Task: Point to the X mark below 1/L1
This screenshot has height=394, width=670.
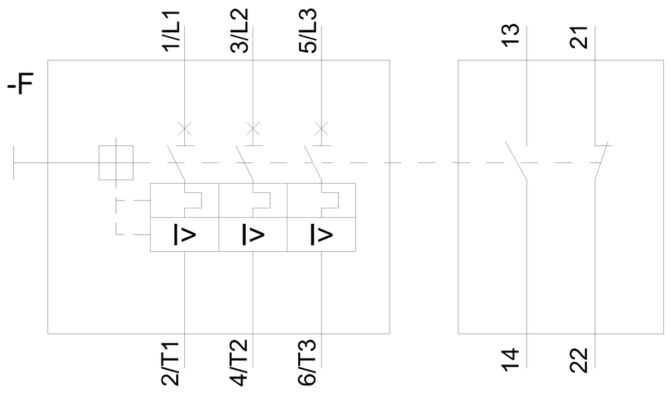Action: (x=184, y=127)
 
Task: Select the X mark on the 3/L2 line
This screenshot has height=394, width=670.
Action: (x=253, y=127)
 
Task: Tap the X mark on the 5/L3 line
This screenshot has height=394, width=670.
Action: (x=322, y=127)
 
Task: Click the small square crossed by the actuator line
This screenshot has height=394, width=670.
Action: (x=116, y=163)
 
